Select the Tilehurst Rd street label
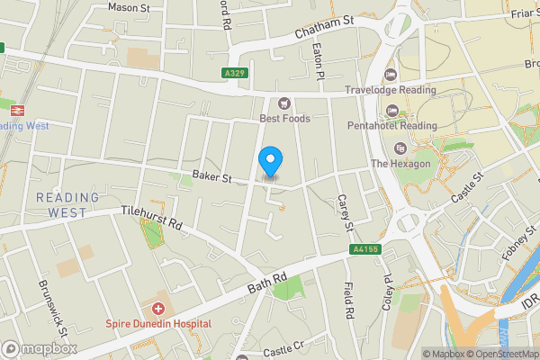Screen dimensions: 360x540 tap(152, 222)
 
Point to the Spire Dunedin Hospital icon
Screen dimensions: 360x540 tap(158, 309)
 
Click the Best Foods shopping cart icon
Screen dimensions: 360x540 tap(285, 103)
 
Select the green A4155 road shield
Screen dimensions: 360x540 tap(363, 251)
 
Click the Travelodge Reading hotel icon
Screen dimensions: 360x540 tap(390, 75)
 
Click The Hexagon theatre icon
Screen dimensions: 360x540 tap(400, 148)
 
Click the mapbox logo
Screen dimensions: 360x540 tap(40, 347)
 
